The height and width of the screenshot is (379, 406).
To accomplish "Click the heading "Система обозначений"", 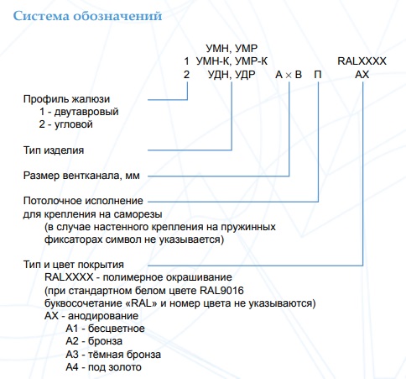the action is tap(87, 16).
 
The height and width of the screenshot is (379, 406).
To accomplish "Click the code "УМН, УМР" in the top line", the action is tap(232, 49).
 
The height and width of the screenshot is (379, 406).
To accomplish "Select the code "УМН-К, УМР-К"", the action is tap(232, 61).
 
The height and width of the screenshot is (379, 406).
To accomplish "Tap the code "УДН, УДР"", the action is tap(232, 75).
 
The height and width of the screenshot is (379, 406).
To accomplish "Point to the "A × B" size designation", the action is tap(289, 75).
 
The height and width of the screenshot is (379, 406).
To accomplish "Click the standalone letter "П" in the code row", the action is tap(318, 75).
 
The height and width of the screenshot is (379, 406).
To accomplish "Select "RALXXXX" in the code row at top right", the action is tap(362, 61).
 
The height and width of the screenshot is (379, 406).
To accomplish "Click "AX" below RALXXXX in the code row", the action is tap(362, 75).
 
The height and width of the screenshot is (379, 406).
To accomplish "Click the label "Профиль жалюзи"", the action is tap(66, 99).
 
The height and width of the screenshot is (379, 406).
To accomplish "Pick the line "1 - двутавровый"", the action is tap(79, 112).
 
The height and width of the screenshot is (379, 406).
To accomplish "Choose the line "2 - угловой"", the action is tap(65, 124).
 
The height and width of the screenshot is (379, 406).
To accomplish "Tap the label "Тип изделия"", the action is tap(54, 150).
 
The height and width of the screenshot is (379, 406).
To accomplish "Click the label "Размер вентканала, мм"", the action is tap(81, 176).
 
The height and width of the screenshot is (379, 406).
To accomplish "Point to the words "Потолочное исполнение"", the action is tap(83, 201).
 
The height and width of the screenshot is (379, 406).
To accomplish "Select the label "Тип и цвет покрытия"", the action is tap(74, 265).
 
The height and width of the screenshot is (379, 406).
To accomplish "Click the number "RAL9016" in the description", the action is tap(221, 291).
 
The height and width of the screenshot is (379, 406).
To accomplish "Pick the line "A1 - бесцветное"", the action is tap(105, 329).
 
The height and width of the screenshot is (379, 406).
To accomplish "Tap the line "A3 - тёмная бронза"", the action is tap(113, 355).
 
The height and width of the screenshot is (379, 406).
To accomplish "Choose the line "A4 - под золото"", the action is tap(103, 367).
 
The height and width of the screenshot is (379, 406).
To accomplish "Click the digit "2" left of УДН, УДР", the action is tap(186, 75).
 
